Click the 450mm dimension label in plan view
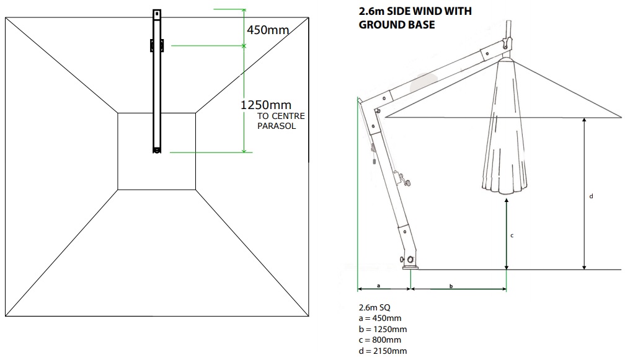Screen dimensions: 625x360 (267, 30)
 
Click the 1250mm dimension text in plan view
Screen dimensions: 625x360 (265, 105)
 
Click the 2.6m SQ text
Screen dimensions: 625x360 (375, 307)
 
